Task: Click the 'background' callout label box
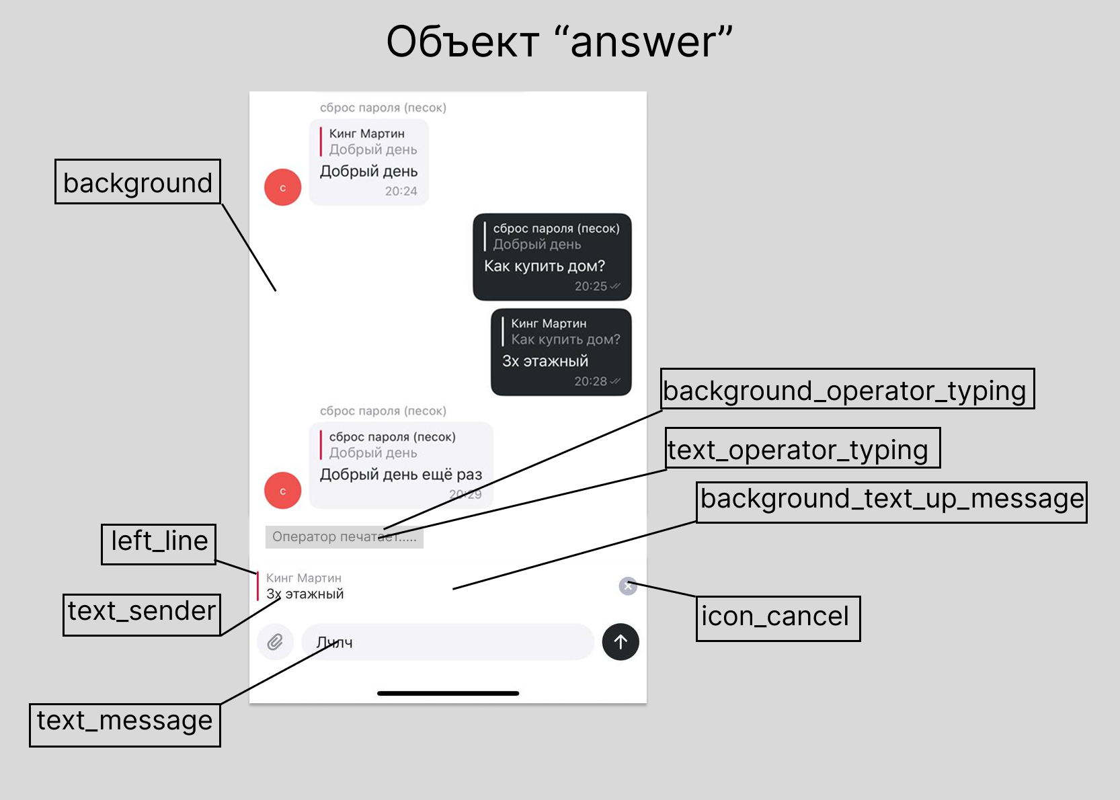pyautogui.click(x=138, y=182)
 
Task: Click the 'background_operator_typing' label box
pyautogui.click(x=847, y=389)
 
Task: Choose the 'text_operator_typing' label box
pyautogui.click(x=803, y=448)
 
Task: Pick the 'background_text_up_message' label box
pyautogui.click(x=891, y=502)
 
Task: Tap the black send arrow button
pyautogui.click(x=621, y=642)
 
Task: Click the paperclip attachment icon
pyautogui.click(x=275, y=642)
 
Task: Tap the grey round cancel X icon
pyautogui.click(x=628, y=586)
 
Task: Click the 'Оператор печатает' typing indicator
pyautogui.click(x=344, y=536)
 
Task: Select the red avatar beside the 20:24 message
pyautogui.click(x=282, y=188)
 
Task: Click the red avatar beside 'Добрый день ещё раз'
pyautogui.click(x=282, y=491)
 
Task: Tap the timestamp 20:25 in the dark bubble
pyautogui.click(x=590, y=286)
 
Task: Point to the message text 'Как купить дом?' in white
pyautogui.click(x=545, y=266)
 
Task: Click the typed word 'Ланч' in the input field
pyautogui.click(x=335, y=643)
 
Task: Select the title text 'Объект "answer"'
pyautogui.click(x=559, y=42)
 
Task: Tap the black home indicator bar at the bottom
pyautogui.click(x=448, y=693)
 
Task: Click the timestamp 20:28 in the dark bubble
pyautogui.click(x=590, y=381)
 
